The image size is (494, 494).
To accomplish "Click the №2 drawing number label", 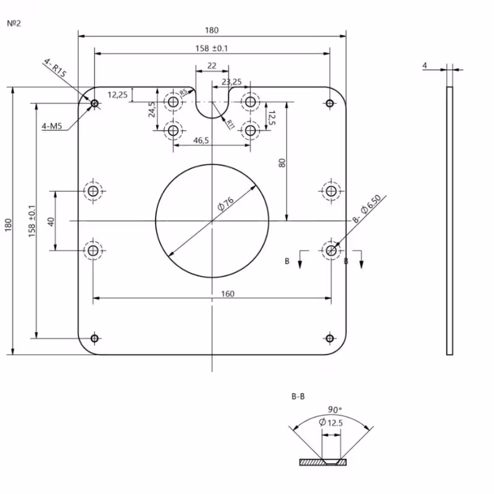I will pos(14,23).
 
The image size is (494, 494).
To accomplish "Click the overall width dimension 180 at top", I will pos(212,30).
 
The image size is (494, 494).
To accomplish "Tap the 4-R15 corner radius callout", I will pos(56,68).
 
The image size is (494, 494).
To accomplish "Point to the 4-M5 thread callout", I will pos(52,127).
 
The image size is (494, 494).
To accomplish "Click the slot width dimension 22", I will pos(212,65).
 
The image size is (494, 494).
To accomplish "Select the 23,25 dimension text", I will pos(231,82).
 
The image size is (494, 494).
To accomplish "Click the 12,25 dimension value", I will pos(117,94).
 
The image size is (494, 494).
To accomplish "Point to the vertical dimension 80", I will pos(282,164).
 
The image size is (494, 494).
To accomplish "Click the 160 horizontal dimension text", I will pos(227,294).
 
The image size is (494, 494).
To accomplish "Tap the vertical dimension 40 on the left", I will pos(49,220).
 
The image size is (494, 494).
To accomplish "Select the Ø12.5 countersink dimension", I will pos(331,422).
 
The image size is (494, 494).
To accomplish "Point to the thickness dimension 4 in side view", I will pos(425,65).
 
